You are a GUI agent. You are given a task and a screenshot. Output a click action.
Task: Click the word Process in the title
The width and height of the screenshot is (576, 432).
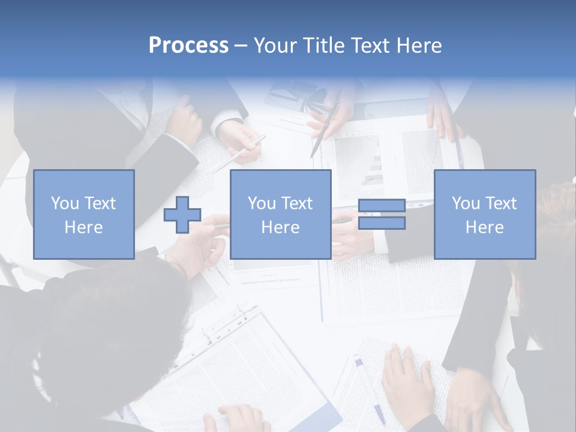click(188, 46)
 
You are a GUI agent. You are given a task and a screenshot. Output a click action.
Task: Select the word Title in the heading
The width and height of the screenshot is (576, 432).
click(323, 46)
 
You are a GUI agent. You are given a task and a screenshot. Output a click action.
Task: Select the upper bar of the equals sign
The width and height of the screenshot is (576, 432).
click(382, 206)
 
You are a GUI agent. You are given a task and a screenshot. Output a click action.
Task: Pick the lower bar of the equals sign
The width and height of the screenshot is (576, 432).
click(382, 223)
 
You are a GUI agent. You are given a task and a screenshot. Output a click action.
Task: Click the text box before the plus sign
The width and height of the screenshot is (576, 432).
click(84, 214)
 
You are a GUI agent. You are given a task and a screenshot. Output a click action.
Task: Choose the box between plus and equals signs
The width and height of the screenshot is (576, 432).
click(280, 214)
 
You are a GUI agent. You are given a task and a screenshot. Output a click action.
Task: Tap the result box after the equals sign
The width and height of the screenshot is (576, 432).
click(485, 214)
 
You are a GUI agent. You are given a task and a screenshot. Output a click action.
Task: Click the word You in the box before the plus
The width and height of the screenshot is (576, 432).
click(62, 203)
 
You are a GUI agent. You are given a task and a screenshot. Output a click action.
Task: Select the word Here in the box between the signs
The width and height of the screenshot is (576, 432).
click(280, 227)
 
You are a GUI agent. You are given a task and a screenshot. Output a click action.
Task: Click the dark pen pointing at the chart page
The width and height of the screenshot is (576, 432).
click(325, 129)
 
